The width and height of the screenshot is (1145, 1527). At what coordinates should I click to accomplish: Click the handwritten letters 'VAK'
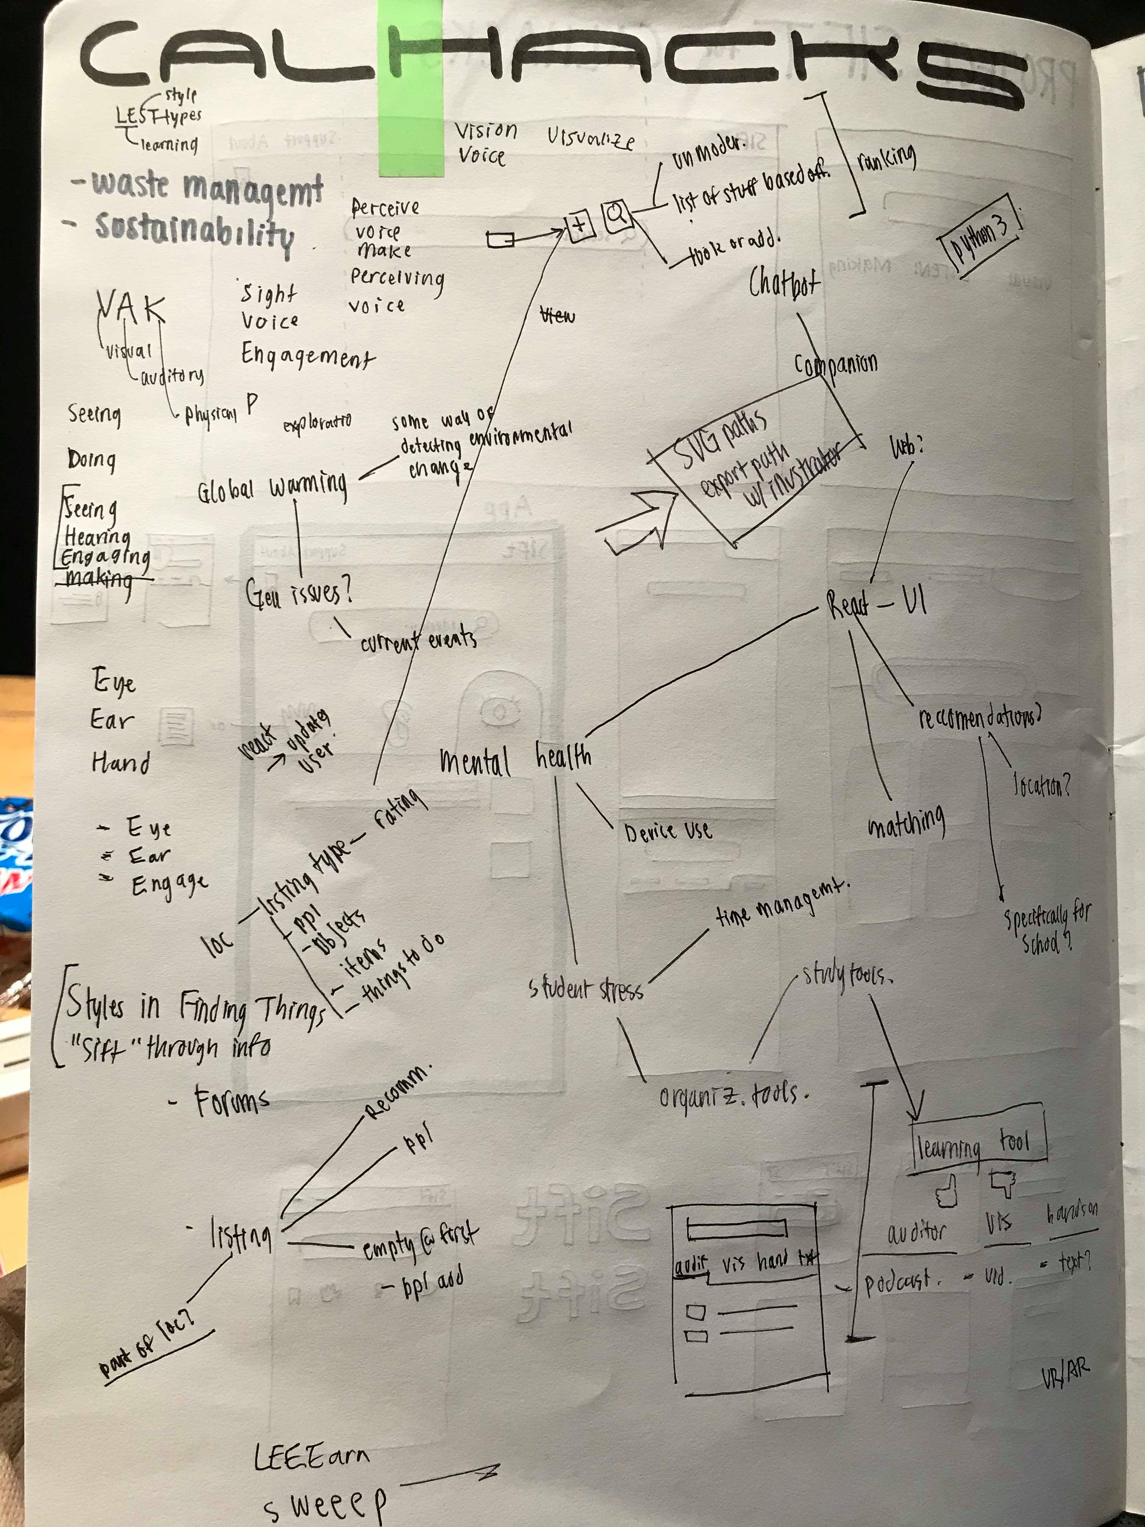[131, 308]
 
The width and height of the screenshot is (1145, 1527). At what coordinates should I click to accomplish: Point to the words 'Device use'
[667, 831]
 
